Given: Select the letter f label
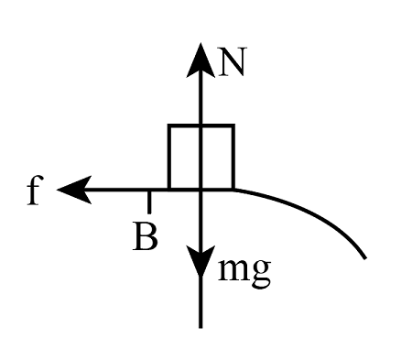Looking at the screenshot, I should [x=34, y=191].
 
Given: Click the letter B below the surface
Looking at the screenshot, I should [x=145, y=236].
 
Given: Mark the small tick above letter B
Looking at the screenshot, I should [x=149, y=199].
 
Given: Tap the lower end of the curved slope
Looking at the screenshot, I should [x=365, y=257].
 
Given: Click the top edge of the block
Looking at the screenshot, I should [x=201, y=125].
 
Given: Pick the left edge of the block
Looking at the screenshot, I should [x=169, y=157].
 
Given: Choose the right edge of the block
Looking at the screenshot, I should [x=233, y=157].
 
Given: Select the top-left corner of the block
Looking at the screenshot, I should [x=169, y=125].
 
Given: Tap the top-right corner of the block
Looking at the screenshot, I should [x=233, y=125].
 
